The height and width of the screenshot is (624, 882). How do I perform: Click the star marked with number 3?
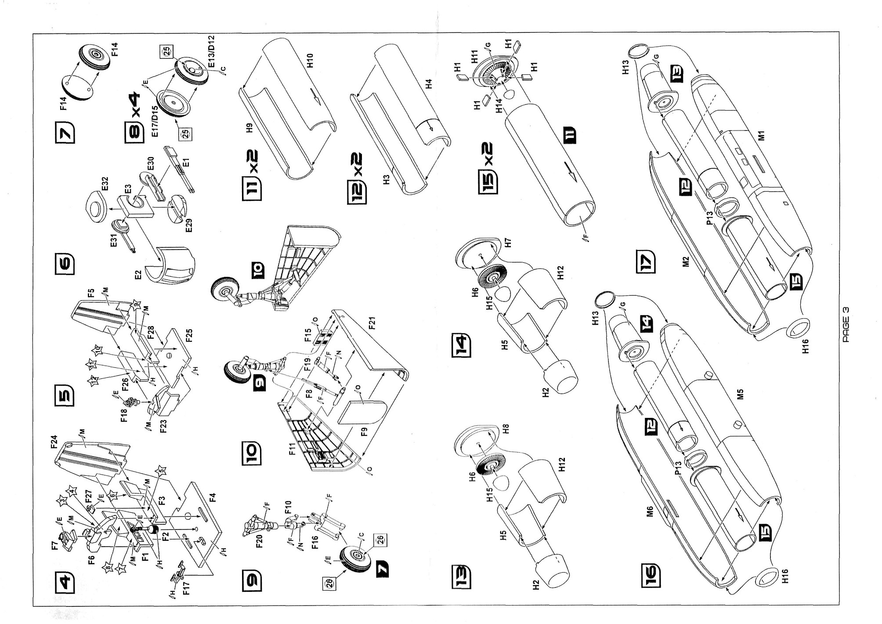tap(63, 501)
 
